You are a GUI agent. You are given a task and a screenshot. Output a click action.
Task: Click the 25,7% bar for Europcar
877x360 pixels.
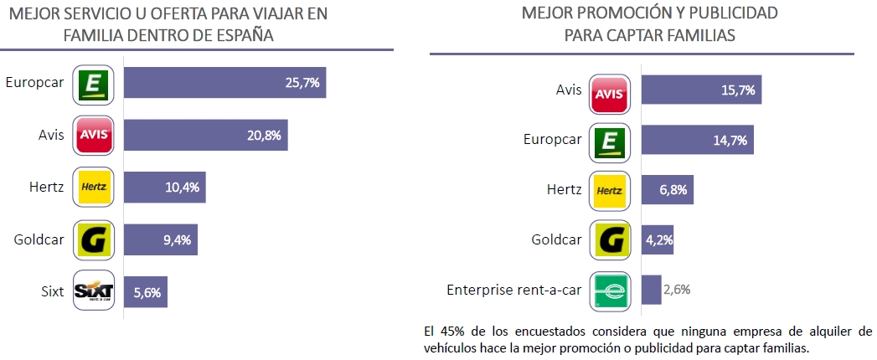tap(224, 83)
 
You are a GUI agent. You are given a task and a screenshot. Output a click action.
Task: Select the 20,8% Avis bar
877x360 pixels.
tap(205, 134)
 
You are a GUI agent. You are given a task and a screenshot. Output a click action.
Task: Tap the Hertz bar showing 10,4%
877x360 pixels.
tap(164, 187)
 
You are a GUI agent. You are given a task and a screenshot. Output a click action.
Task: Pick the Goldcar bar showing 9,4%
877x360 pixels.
tap(160, 240)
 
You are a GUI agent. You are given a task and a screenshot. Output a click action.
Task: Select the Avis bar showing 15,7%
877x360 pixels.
tap(701, 88)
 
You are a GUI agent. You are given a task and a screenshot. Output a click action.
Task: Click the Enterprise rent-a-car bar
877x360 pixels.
tap(651, 290)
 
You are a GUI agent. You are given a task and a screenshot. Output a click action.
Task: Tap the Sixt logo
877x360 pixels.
tap(94, 292)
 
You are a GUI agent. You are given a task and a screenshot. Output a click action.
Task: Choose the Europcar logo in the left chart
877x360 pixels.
tap(94, 83)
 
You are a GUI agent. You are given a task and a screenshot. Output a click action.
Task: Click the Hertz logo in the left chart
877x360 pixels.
tap(94, 187)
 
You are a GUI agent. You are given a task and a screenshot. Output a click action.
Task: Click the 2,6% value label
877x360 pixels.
tap(675, 290)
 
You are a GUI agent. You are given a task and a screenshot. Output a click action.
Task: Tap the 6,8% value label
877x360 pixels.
tap(673, 190)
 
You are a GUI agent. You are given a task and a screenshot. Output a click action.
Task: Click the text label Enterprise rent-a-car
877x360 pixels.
tap(513, 290)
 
